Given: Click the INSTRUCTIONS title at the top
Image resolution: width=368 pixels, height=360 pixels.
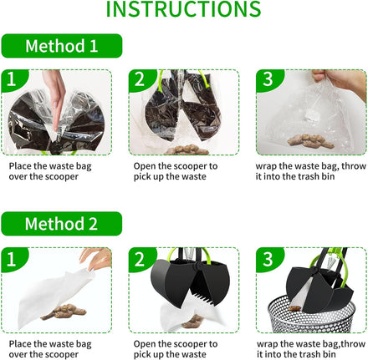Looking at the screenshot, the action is click(x=183, y=9).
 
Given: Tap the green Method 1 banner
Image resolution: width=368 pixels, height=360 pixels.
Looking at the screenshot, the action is click(x=62, y=46).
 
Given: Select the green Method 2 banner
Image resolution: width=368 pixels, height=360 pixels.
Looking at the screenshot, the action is click(x=62, y=224).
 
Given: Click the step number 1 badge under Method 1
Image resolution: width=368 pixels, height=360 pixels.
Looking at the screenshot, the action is click(x=13, y=79).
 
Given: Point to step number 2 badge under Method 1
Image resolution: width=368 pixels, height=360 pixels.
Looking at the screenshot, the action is click(x=141, y=79).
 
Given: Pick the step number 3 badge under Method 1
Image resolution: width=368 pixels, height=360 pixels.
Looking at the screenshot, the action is click(x=268, y=79).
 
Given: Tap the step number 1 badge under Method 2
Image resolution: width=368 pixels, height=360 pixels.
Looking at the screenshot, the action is click(x=13, y=258).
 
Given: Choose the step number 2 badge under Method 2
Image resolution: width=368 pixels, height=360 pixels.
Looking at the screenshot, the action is click(x=141, y=258).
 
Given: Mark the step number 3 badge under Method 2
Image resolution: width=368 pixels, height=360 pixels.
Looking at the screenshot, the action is click(x=268, y=258).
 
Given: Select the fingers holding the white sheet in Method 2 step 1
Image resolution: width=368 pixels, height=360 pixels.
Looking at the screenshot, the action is click(x=97, y=259).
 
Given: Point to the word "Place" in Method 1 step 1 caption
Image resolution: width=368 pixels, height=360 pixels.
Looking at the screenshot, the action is click(x=20, y=166).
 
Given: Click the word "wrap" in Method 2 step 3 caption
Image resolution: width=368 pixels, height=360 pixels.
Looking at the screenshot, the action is click(x=267, y=344).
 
